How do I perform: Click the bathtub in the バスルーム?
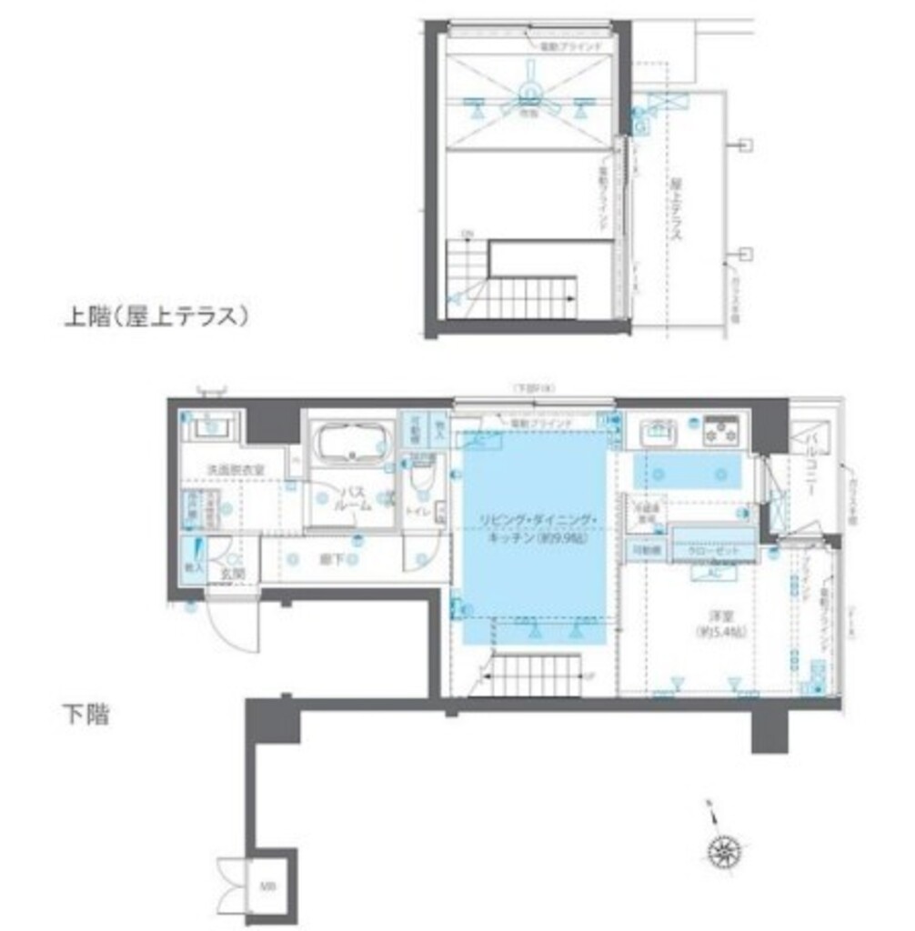click(x=350, y=445)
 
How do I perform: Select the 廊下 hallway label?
click(x=332, y=559)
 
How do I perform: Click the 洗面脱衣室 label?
click(x=235, y=469)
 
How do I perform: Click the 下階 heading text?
click(x=85, y=715)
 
